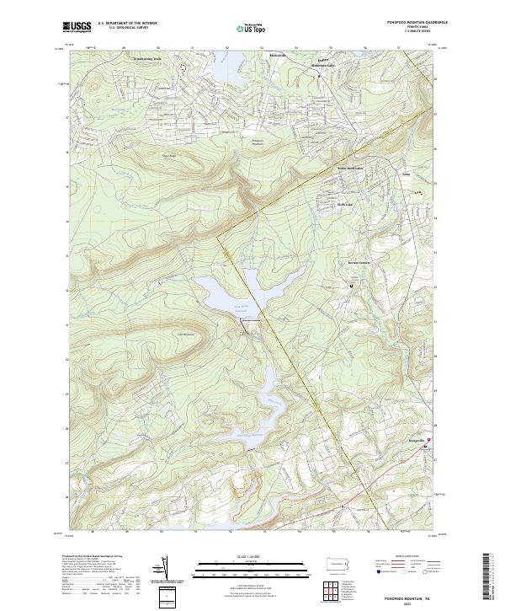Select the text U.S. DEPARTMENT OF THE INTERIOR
[127, 23]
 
